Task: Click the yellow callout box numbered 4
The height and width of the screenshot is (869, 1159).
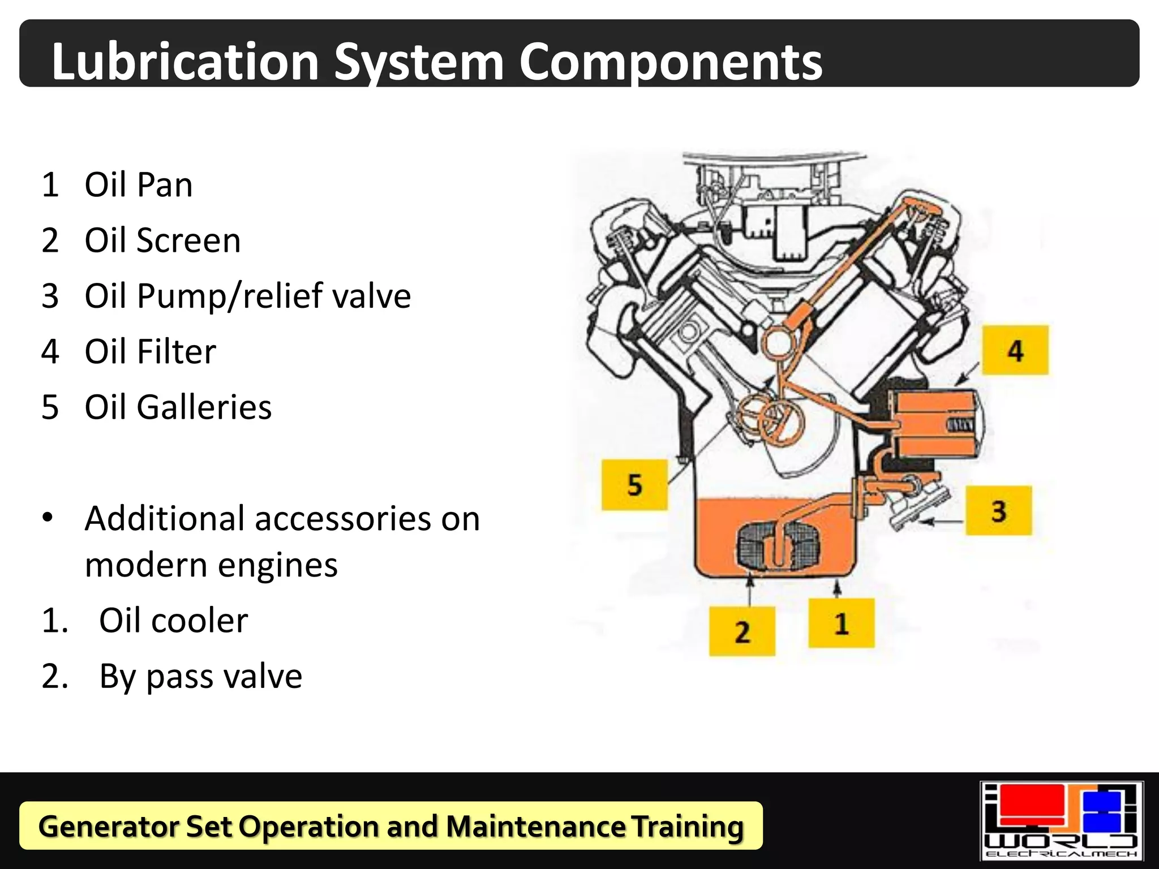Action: tap(1015, 350)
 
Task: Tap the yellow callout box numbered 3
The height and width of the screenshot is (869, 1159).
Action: tap(998, 510)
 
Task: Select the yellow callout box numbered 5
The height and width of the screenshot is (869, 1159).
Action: tap(634, 485)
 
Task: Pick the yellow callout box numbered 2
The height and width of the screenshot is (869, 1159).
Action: tap(742, 631)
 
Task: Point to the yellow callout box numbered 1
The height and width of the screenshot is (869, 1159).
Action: tap(841, 623)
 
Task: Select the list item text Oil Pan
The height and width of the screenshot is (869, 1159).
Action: tap(139, 184)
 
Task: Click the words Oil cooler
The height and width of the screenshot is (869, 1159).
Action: tap(173, 620)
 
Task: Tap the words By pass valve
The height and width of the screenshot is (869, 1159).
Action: tap(200, 676)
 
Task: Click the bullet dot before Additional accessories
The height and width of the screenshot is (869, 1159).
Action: tap(48, 518)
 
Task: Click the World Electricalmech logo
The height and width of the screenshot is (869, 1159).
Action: tap(1061, 820)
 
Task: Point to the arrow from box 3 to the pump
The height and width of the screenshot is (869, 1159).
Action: tap(941, 521)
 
